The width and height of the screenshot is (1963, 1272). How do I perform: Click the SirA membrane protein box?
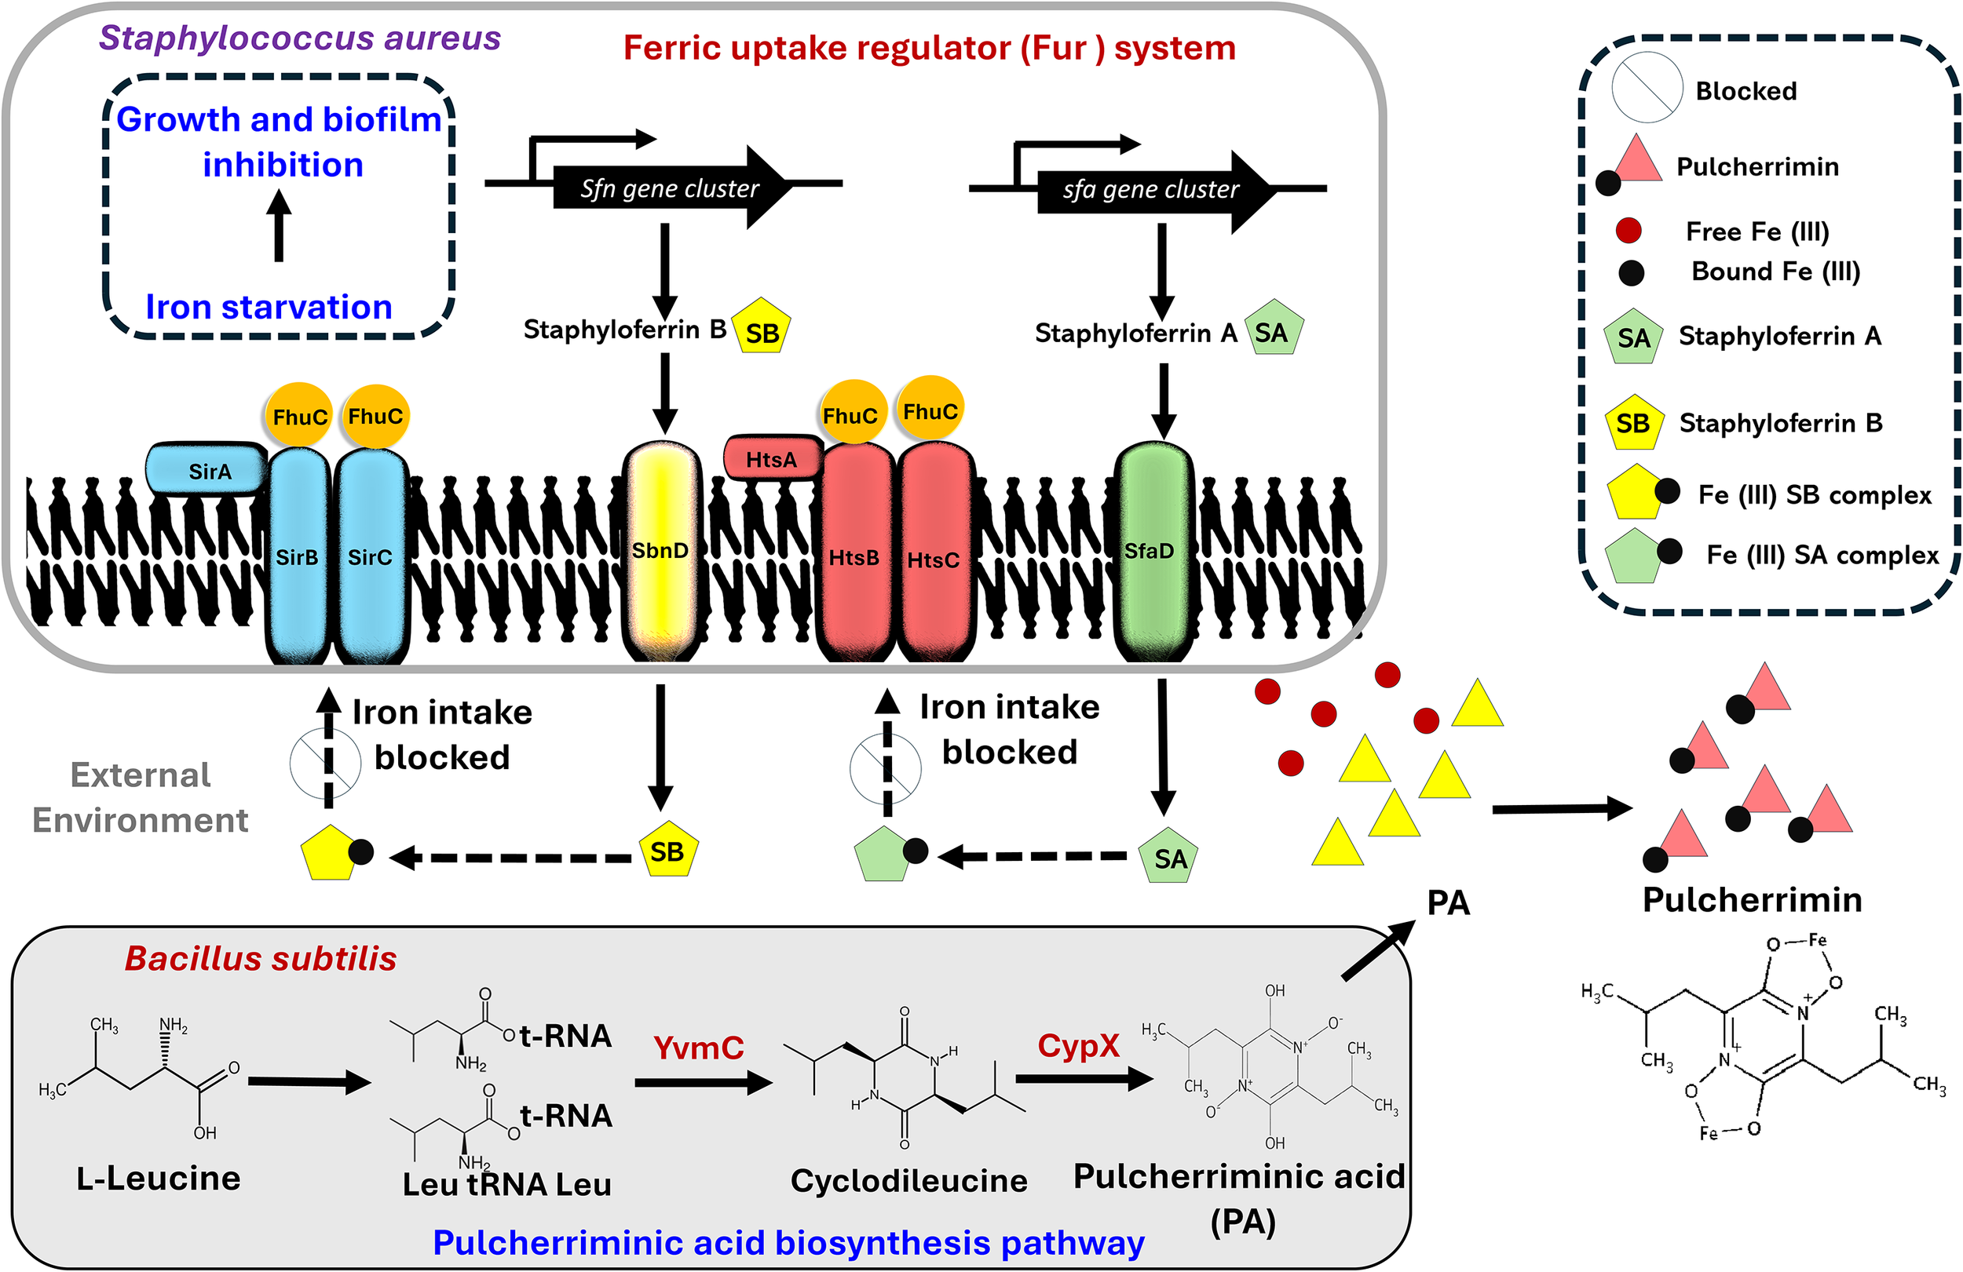coord(208,471)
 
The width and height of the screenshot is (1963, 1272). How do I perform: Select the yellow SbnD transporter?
coord(660,550)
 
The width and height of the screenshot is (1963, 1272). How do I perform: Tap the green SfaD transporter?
coord(1151,550)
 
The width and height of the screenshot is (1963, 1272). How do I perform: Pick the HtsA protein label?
coord(772,459)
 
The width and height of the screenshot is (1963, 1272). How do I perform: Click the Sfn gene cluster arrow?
coord(668,188)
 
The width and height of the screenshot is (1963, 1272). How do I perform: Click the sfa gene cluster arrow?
coord(1151,190)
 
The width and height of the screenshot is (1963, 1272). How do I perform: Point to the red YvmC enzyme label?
coord(698,1048)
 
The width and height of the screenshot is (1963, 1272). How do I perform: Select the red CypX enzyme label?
coord(1078,1045)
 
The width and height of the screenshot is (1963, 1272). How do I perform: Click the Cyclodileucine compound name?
coord(908,1180)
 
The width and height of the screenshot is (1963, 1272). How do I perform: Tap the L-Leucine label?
coord(159,1178)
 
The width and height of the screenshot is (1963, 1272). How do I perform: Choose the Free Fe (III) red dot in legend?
coord(1629,231)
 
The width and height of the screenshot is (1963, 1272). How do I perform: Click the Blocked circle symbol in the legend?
coord(1647,88)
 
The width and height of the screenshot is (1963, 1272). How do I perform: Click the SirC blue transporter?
coord(371,556)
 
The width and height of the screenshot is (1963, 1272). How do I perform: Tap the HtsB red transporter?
coord(854,556)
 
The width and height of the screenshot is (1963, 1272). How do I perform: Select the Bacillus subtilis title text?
coord(261,959)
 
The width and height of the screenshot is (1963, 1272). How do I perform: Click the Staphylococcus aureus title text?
coord(300,38)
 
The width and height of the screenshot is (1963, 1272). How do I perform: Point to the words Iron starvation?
coord(269,307)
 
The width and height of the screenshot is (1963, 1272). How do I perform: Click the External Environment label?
coord(141,797)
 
